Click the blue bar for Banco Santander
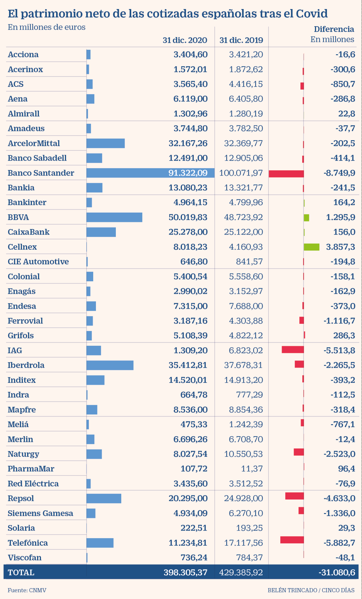127,173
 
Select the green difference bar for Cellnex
311,247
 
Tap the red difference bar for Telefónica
292,540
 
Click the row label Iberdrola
26,365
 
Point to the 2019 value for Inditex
243,380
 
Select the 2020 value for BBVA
188,217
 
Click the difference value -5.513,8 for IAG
339,350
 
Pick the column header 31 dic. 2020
185,40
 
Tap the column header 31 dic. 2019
241,40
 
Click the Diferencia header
334,29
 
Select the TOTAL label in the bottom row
21,572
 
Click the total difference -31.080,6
337,572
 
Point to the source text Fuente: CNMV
27,590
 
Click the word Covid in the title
312,14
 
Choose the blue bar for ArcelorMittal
105,143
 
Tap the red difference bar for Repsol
294,496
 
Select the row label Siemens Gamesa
40,513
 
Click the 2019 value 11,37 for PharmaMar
252,468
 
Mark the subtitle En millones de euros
46,27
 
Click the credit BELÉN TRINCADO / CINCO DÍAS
311,590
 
